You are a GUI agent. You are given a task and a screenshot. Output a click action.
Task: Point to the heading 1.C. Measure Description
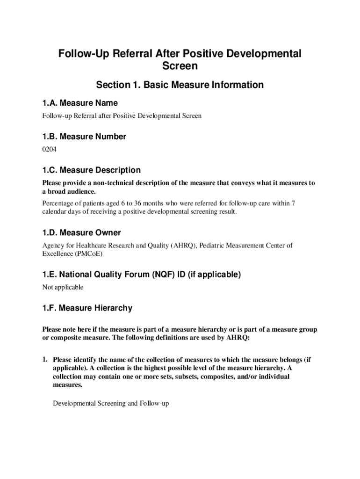coord(91,170)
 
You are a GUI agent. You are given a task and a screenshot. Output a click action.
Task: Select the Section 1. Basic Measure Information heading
coord(180,85)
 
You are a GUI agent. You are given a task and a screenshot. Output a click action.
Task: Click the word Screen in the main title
coord(180,66)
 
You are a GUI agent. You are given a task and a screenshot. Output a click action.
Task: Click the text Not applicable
coord(63,287)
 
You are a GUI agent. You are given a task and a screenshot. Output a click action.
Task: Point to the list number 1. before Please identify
coord(45,360)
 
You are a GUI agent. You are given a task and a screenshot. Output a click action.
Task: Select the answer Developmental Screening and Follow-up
coord(110,403)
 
